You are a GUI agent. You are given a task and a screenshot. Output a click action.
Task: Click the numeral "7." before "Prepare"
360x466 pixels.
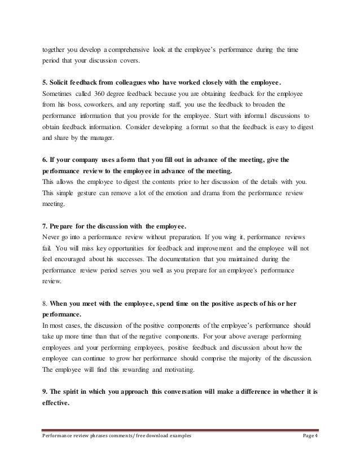[46, 227]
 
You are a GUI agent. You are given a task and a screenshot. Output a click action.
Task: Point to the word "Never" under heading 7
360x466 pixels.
[52, 239]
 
